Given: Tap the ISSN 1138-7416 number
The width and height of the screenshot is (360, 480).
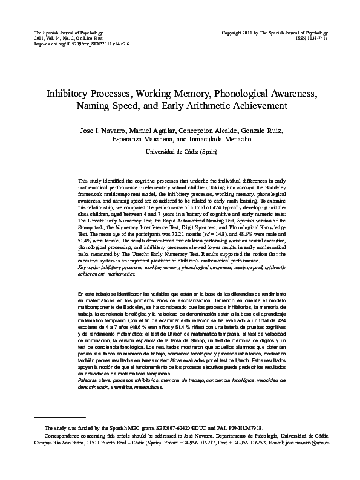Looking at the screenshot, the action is pos(313,37).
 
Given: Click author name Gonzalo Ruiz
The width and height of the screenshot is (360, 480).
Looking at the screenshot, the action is pos(261,131).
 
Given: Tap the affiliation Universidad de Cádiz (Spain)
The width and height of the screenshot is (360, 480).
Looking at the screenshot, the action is pos(180,152).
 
